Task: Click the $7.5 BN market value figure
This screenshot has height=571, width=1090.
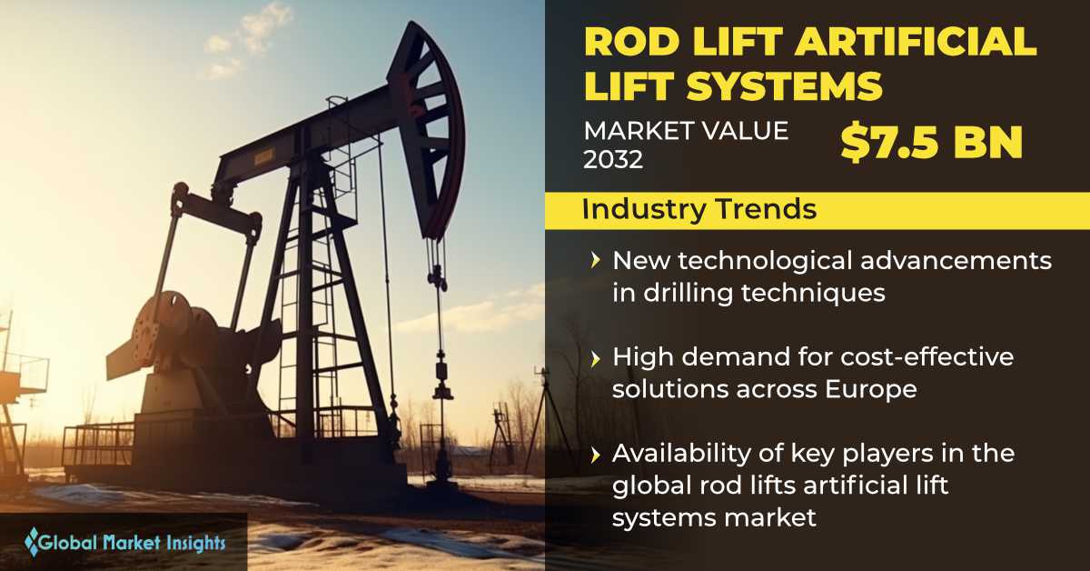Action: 931,144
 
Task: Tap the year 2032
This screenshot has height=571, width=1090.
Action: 613,159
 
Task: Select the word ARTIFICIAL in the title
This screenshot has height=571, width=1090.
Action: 916,42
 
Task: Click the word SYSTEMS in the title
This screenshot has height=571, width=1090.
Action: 785,85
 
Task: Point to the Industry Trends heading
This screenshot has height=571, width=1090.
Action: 699,209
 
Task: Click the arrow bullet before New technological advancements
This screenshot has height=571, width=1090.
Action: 595,261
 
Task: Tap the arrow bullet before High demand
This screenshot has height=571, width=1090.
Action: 595,359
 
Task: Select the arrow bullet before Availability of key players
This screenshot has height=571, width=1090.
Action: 595,455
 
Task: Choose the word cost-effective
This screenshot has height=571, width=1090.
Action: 927,356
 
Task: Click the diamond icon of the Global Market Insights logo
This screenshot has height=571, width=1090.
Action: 32,542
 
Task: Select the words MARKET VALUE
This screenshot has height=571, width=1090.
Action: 686,131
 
